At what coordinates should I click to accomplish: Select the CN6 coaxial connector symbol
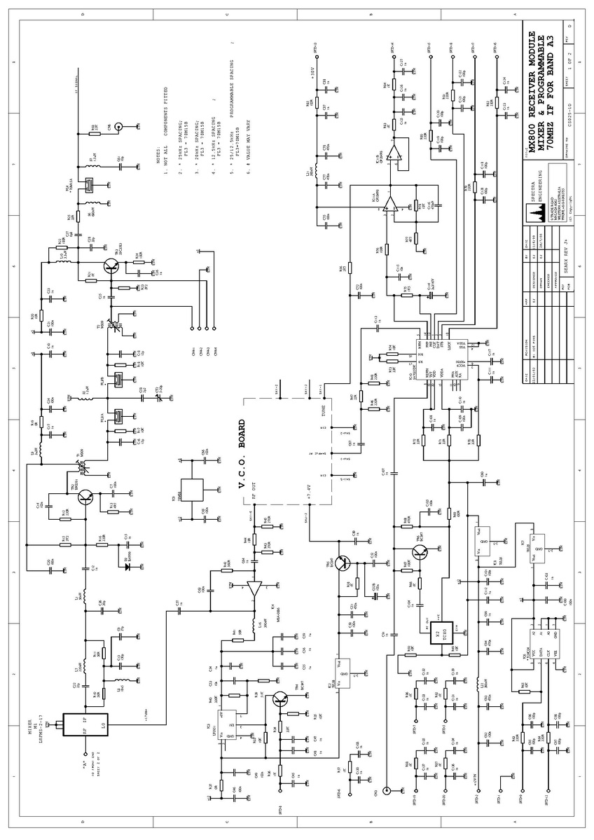[x=118, y=127]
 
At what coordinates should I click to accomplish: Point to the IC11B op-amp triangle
[x=396, y=153]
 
